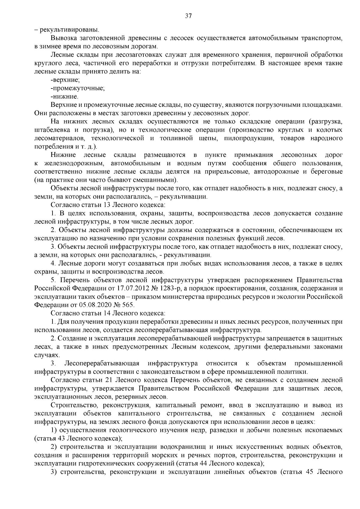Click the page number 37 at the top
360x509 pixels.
188,16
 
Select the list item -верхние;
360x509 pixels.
65,80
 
